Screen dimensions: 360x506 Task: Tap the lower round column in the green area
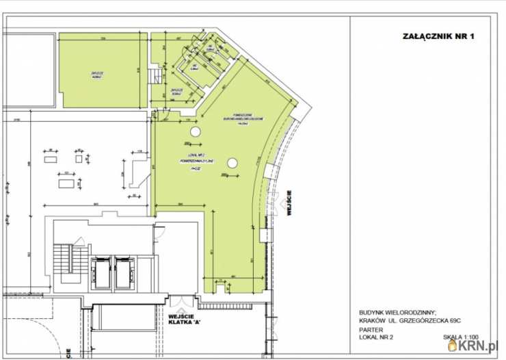[x=232, y=163]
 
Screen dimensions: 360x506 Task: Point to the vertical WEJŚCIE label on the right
[x=290, y=203]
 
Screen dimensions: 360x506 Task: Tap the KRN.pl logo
[x=478, y=346]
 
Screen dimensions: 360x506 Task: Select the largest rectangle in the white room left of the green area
[x=66, y=183]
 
